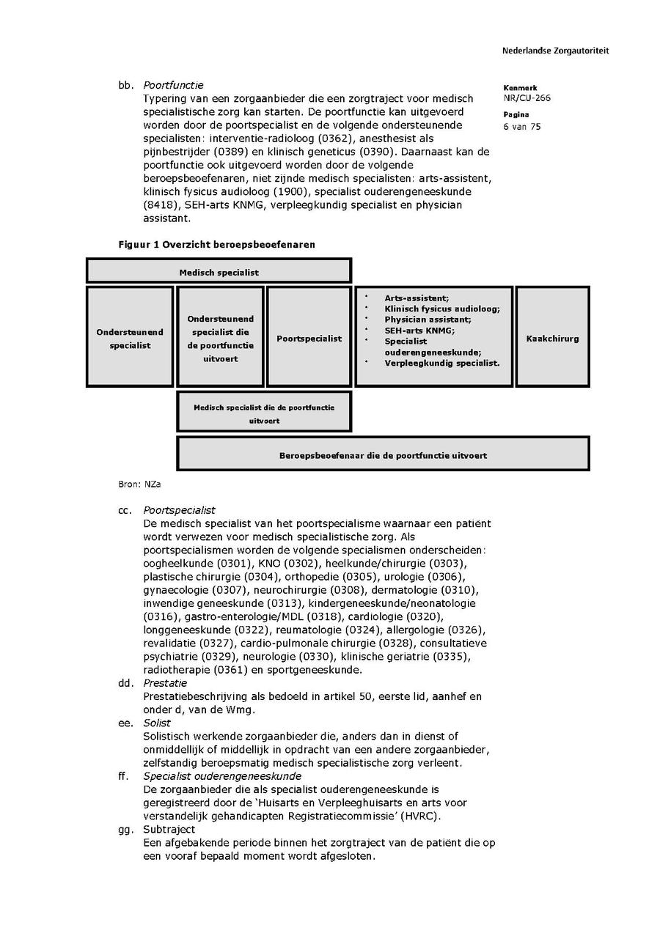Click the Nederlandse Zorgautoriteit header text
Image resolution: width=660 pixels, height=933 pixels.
tap(555, 51)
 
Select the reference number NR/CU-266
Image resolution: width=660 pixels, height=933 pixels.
tap(527, 98)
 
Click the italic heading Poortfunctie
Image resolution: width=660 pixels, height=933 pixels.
tap(173, 85)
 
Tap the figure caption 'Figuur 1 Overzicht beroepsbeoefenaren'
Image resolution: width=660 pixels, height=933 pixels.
tap(216, 244)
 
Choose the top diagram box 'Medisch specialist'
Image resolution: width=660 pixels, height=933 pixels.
tap(219, 271)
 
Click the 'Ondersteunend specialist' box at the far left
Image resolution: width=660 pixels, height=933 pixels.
tap(130, 338)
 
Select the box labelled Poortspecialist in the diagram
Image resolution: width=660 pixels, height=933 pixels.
tap(309, 338)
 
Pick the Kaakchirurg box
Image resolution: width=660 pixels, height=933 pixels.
tap(552, 338)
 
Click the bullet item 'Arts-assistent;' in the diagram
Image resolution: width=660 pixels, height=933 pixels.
tap(416, 298)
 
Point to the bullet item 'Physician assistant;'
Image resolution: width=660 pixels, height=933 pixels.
tap(428, 320)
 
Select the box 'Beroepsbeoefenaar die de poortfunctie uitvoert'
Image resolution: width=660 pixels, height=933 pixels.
tap(383, 454)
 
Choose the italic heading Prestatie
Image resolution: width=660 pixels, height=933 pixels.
tap(165, 683)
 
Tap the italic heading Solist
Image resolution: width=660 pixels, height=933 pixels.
tap(157, 723)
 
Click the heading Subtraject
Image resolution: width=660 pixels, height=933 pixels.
tap(169, 829)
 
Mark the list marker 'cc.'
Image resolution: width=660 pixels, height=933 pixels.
tap(125, 510)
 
